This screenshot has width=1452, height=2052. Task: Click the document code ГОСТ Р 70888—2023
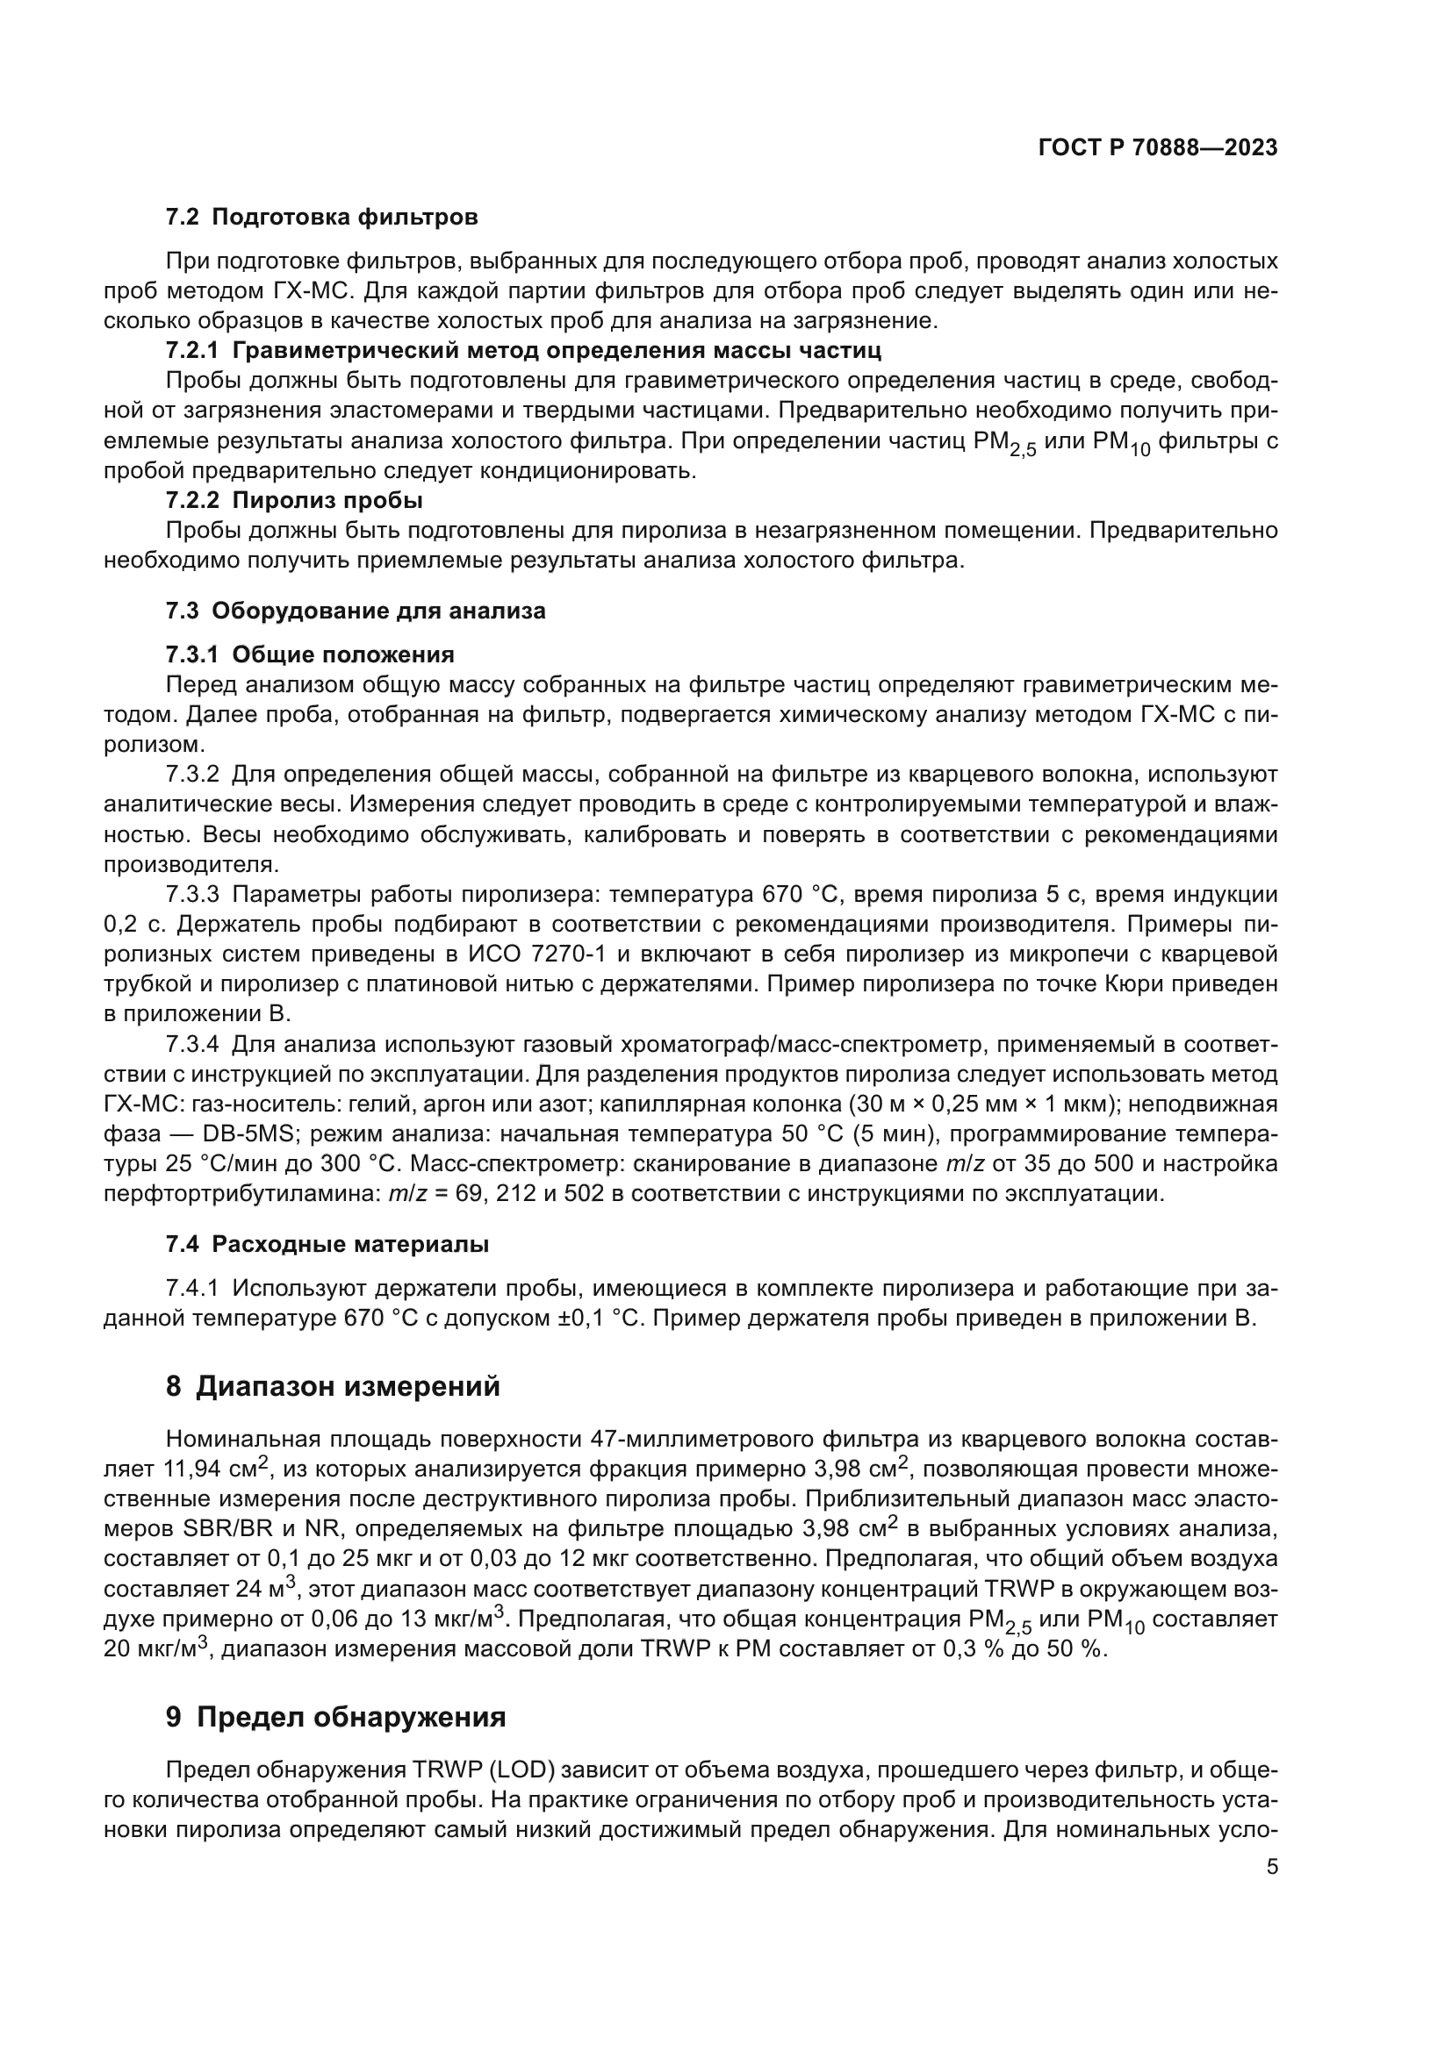click(x=1158, y=148)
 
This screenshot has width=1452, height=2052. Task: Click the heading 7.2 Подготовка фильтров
click(x=322, y=218)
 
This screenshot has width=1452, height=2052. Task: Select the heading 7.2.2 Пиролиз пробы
click(x=294, y=499)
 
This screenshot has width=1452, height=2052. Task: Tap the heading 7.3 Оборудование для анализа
click(x=355, y=611)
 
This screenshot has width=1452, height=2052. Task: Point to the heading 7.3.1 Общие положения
click(x=309, y=655)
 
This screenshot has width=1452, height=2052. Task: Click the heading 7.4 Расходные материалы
click(x=327, y=1244)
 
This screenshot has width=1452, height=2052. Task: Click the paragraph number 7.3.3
click(x=192, y=895)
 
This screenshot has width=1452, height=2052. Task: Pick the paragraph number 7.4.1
click(x=192, y=1289)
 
